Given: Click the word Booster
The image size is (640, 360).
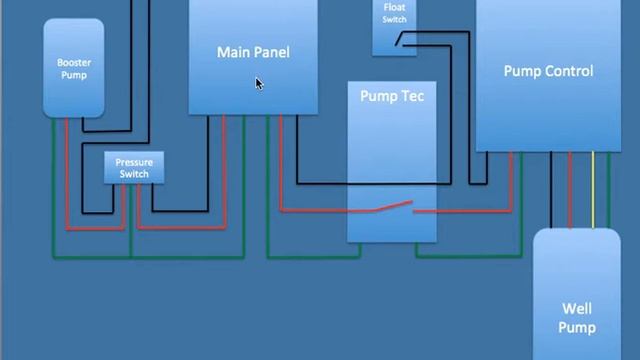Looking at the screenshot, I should point(74,63).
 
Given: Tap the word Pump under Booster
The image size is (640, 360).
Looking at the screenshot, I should point(74,75).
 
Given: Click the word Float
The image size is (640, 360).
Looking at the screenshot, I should point(394,8).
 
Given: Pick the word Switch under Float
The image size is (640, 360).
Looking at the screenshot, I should point(394,19).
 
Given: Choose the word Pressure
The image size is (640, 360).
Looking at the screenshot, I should point(134,162).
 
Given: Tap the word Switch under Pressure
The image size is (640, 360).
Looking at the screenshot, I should point(134,174).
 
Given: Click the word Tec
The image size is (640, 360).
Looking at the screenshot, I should point(411,96).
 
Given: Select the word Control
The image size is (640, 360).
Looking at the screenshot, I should point(567,71).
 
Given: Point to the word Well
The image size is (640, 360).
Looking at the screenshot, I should point(577,310).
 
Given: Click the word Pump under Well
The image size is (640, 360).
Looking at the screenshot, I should point(577,327).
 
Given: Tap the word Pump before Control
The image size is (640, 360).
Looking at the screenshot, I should point(522,71).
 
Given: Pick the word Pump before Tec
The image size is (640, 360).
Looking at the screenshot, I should point(379,96).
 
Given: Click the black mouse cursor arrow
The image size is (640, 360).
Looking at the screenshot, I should point(258,84).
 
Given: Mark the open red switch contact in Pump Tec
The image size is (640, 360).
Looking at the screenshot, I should point(391,206).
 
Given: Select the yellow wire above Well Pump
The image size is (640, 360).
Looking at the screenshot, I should point(592,190).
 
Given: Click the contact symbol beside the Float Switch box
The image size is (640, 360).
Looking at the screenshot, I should point(402,39).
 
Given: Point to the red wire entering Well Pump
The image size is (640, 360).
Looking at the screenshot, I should point(571,190).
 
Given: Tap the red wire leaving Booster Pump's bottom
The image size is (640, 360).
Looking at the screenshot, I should point(67,170).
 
